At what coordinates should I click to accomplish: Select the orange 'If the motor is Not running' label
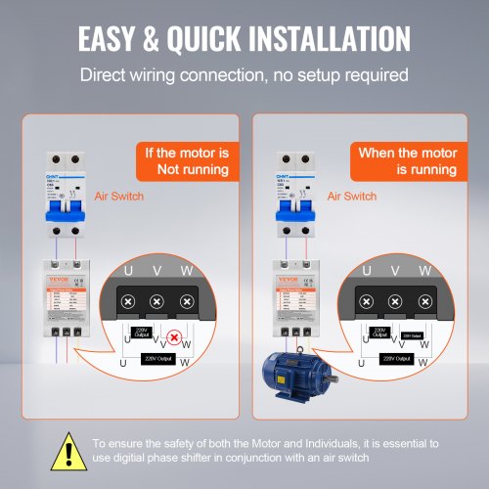[x=186, y=161]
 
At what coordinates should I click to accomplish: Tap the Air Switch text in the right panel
[x=353, y=197]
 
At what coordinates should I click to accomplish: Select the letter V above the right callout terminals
[x=395, y=270]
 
